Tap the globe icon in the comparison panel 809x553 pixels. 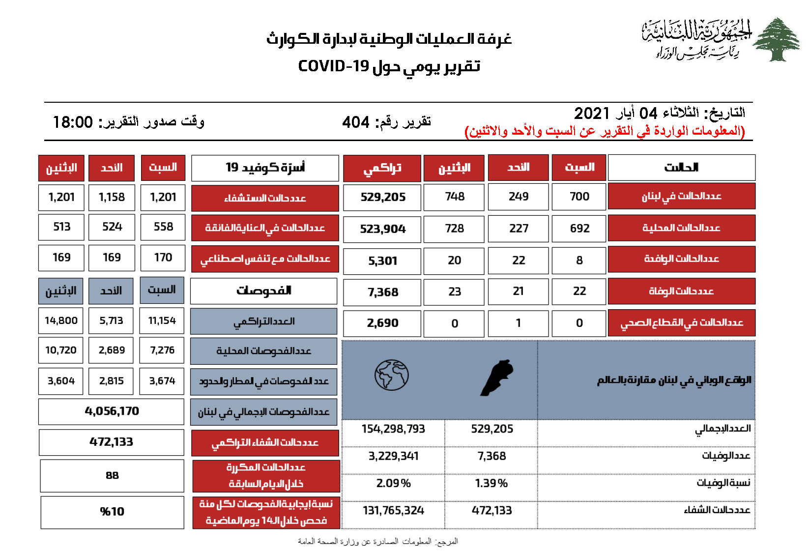coord(391,376)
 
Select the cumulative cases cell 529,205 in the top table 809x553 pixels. coord(383,197)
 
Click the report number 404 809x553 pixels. coord(356,122)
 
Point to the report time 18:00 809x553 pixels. coord(73,122)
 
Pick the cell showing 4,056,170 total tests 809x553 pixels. coord(112,411)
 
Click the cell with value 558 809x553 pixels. coord(163,227)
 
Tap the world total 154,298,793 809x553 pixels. coord(393,429)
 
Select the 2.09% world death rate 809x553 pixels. coord(393,483)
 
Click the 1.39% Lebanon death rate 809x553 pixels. coord(491,483)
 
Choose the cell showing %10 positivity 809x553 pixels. coord(112,512)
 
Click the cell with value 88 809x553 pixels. coord(112,475)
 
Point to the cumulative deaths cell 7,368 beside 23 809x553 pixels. coord(383,292)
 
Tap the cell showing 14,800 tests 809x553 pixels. coord(61,320)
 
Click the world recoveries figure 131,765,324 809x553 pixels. coord(393,510)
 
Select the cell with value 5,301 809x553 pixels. coord(383,261)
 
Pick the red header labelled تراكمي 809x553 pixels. coord(382,168)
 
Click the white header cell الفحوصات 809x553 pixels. coord(263,291)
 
